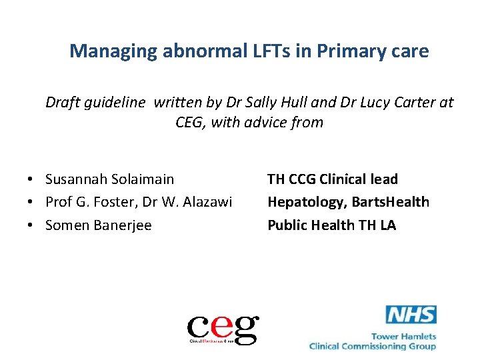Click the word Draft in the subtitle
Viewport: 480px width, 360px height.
[62, 103]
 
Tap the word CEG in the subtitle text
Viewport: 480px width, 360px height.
[189, 122]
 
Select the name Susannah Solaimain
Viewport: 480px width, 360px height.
[109, 179]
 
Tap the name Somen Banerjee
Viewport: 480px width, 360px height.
[98, 225]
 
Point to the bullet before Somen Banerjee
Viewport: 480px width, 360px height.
[31, 226]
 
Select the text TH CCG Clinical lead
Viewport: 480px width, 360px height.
[332, 179]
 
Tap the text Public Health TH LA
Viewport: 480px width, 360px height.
[331, 225]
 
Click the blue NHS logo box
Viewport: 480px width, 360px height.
[411, 315]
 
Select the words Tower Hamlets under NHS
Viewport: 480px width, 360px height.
[403, 336]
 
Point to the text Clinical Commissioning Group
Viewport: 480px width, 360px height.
[373, 346]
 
